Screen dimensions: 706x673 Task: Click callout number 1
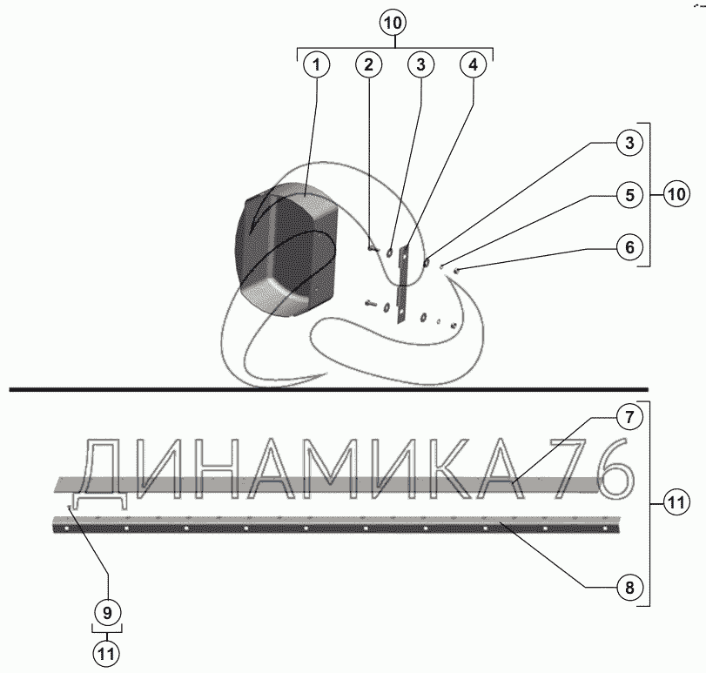(317, 64)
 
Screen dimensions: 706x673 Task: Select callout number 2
(369, 64)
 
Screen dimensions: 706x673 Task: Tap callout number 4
(473, 64)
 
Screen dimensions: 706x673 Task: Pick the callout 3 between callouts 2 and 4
(420, 64)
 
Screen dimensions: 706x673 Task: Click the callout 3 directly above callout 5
(629, 143)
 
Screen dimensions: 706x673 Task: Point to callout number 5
(629, 195)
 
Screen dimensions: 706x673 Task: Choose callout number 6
(629, 247)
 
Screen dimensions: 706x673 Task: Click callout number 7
(629, 417)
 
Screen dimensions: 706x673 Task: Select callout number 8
(629, 587)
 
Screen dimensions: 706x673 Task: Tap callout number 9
(107, 613)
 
